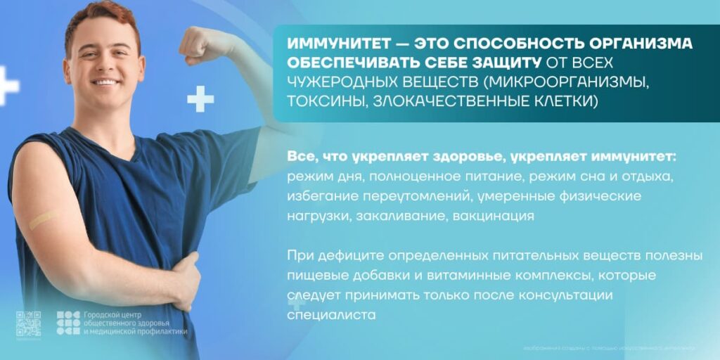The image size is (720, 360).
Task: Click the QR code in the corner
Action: tap(28, 323)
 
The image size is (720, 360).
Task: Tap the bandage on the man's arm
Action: tap(42, 220)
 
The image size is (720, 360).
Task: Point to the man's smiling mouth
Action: tap(105, 82)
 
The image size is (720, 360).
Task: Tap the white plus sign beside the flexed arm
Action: tap(200, 98)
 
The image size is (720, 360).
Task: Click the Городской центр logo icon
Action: tap(68, 323)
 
